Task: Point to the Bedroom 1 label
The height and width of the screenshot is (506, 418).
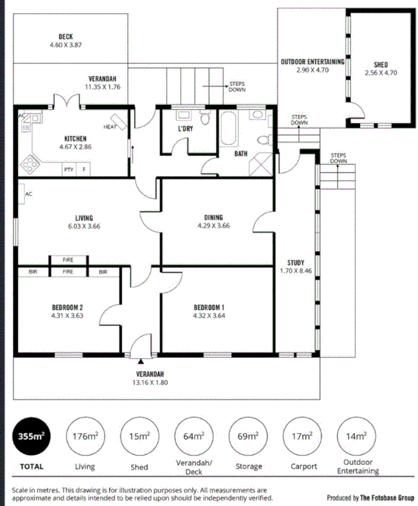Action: pos(209,308)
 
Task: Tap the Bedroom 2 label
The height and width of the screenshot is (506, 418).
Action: pos(66,308)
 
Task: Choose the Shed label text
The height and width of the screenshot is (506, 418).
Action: pos(380,64)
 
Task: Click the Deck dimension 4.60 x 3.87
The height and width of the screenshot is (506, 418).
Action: pos(66,45)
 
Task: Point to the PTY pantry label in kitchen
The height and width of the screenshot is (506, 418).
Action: pos(68,169)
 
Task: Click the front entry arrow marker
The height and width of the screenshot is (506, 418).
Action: pos(140,362)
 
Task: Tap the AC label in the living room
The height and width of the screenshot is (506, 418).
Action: pos(29,194)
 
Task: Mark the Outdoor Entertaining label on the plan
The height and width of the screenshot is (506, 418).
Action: pos(311,62)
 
